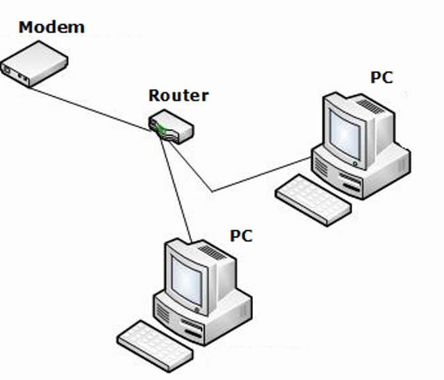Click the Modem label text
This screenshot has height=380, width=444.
[51, 28]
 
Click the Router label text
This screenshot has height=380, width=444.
[178, 95]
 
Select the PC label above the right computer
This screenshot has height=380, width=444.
[381, 78]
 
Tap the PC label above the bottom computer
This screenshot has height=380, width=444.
[241, 235]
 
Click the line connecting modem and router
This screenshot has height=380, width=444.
[92, 109]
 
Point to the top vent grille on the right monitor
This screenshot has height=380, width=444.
[369, 105]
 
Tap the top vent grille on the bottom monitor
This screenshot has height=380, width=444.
[211, 252]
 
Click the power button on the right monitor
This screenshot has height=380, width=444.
[355, 163]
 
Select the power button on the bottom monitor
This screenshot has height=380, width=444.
[196, 308]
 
